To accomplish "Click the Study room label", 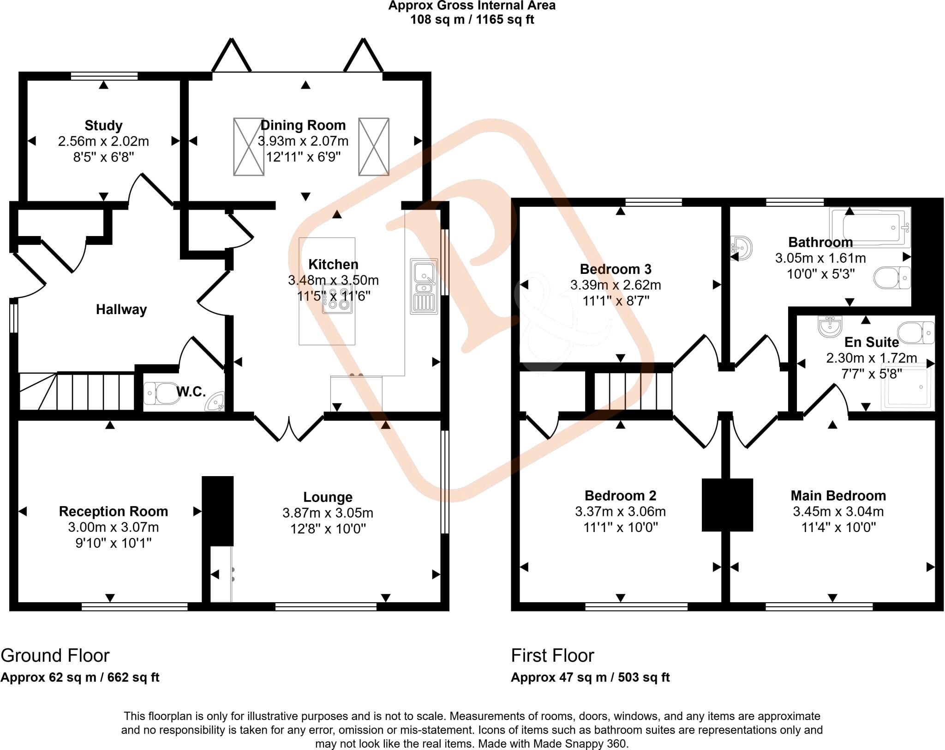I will [x=103, y=126].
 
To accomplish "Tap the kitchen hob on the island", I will [x=338, y=299].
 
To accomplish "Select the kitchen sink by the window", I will [x=424, y=286].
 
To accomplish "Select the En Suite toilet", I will [x=915, y=333].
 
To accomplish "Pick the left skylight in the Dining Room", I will [x=249, y=147].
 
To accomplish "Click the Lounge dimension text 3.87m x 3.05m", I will [x=328, y=513].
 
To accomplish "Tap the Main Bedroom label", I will [x=838, y=496].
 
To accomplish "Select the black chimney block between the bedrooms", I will [x=727, y=505].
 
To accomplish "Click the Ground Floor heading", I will [x=55, y=656].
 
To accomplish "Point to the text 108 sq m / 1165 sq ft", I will [x=472, y=20].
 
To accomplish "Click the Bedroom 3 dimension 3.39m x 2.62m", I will [x=616, y=285].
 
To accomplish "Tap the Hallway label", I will [x=121, y=309].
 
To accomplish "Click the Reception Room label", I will [x=114, y=512].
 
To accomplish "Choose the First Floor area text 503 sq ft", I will [x=644, y=677].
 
